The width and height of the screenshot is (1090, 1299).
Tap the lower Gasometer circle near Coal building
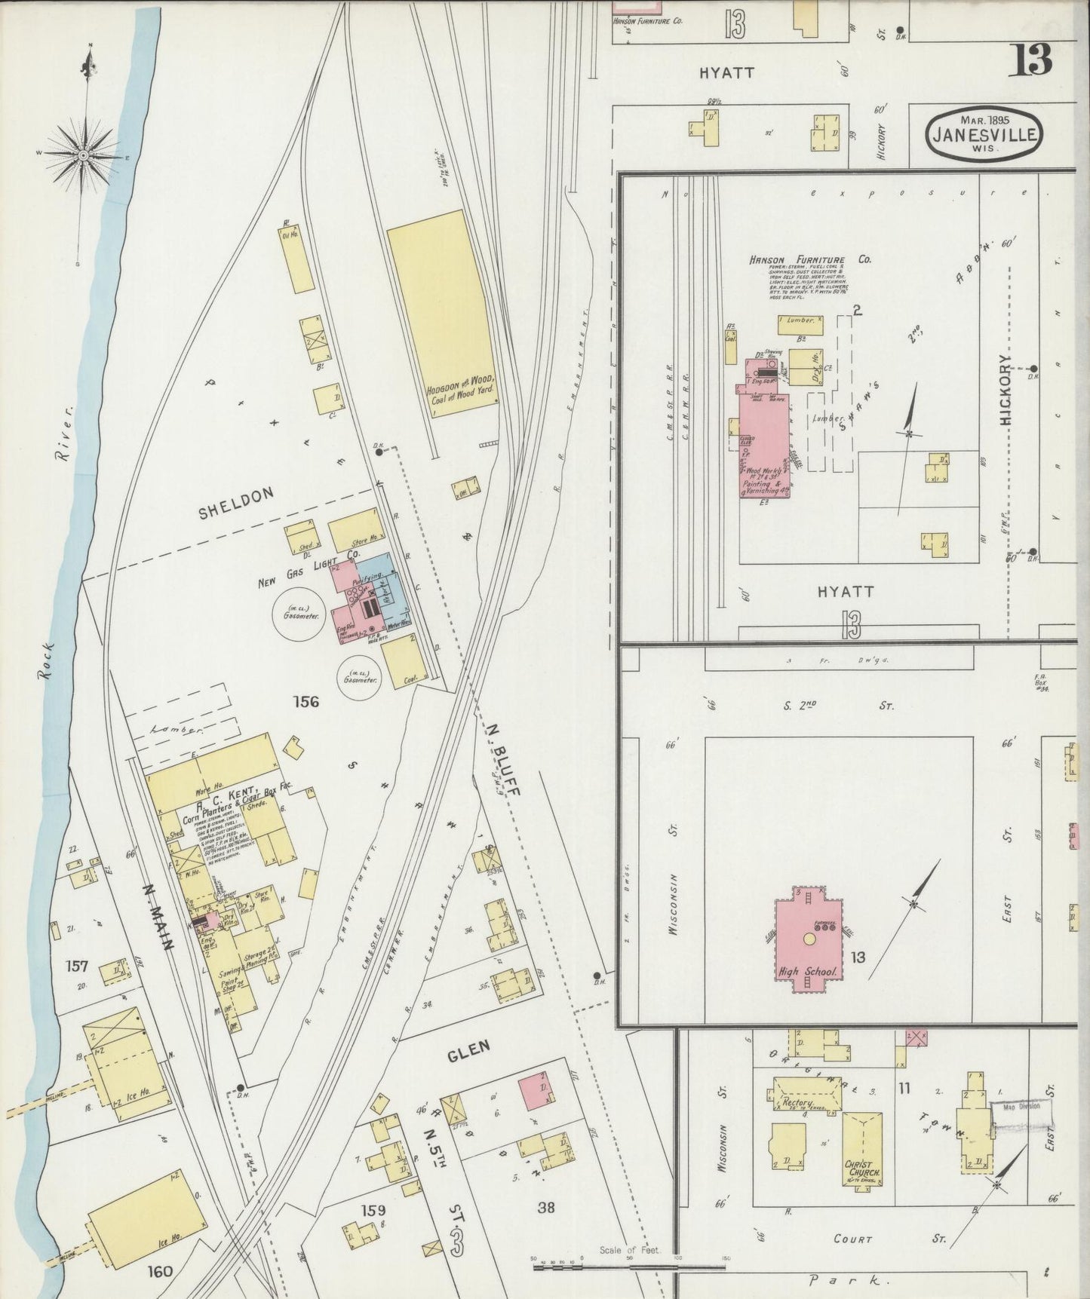tap(359, 676)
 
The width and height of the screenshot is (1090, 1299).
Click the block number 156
tap(306, 702)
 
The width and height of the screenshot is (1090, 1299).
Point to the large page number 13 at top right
tap(1032, 59)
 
